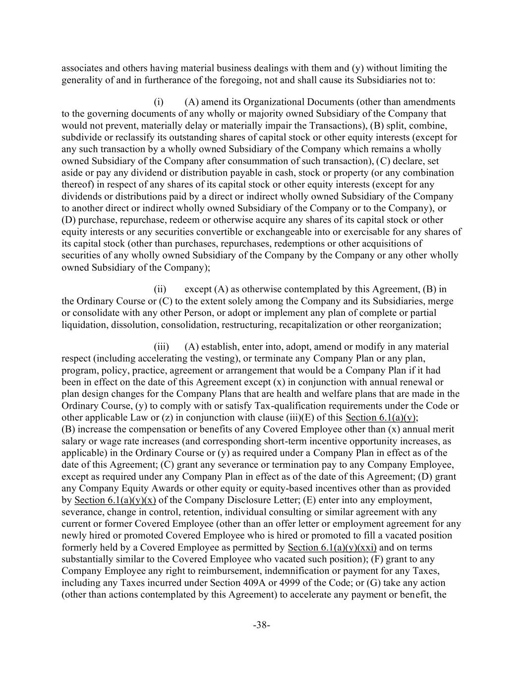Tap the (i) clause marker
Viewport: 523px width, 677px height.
(x=158, y=102)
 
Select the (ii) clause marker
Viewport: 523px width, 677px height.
(x=160, y=289)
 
